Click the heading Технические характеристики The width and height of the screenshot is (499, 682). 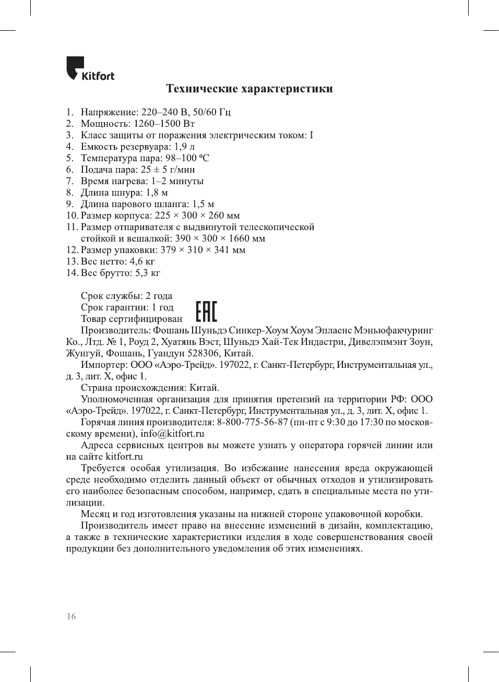pyautogui.click(x=249, y=89)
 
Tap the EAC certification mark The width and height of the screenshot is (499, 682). pyautogui.click(x=206, y=312)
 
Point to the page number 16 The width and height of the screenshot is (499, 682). pyautogui.click(x=71, y=616)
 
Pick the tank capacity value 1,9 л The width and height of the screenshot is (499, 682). pyautogui.click(x=184, y=147)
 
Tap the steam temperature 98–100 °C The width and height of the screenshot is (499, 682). pyautogui.click(x=187, y=158)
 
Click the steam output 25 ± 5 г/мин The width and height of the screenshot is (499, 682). pyautogui.click(x=168, y=170)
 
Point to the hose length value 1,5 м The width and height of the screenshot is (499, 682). pyautogui.click(x=203, y=204)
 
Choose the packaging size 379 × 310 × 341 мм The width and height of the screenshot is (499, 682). pyautogui.click(x=203, y=250)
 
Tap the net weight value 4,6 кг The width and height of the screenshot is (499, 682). pyautogui.click(x=142, y=261)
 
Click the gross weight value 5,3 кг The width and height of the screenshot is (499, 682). pyautogui.click(x=147, y=273)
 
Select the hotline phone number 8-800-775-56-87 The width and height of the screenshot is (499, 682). pyautogui.click(x=252, y=422)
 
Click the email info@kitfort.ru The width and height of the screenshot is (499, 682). pyautogui.click(x=172, y=434)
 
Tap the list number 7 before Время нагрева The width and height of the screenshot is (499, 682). pyautogui.click(x=69, y=181)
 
